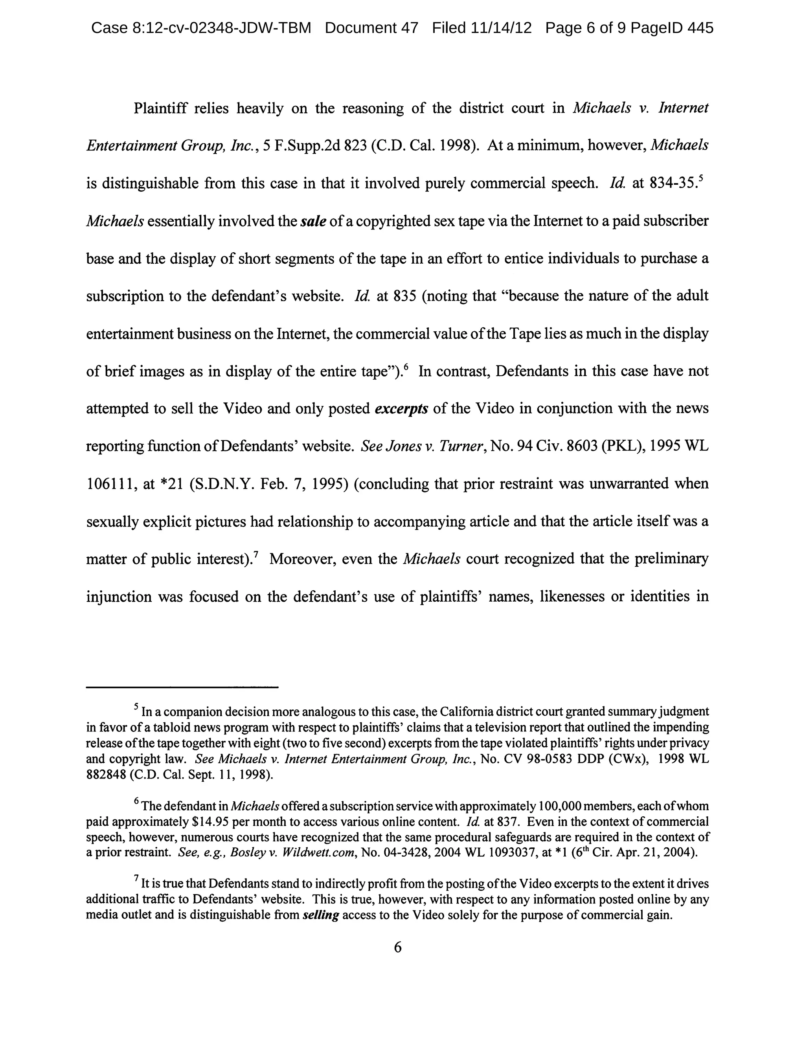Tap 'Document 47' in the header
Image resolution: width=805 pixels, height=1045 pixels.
(371, 28)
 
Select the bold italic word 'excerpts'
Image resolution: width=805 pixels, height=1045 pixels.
(401, 409)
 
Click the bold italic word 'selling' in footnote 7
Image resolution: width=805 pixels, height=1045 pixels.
(321, 915)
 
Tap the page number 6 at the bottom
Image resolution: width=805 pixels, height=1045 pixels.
(398, 947)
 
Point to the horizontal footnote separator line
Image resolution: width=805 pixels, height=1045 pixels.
(182, 687)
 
